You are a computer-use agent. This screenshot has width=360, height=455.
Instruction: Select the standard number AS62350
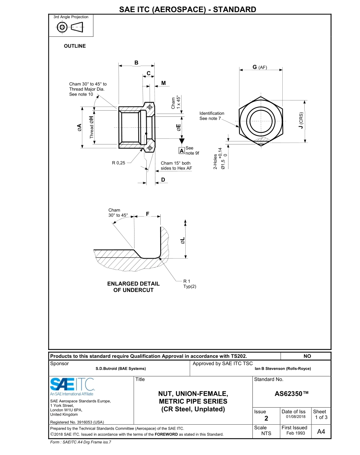coord(291,394)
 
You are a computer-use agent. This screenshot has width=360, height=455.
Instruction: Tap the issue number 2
coord(266,419)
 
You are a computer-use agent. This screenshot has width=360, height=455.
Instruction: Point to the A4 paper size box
coord(321,432)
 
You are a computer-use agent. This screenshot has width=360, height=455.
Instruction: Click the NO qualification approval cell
coord(307,356)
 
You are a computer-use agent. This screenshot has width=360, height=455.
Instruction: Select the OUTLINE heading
coord(75,46)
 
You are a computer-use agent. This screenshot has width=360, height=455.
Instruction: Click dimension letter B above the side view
coord(136,63)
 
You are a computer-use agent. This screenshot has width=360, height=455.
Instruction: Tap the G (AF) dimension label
coord(260,67)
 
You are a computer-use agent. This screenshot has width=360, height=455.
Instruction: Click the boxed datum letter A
coord(182,151)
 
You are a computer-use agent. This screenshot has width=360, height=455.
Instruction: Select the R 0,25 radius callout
coord(118,163)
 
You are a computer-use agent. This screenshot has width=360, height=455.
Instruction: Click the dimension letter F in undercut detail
coord(147,214)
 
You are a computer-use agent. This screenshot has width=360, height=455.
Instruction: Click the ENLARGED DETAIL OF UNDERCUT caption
coord(133,287)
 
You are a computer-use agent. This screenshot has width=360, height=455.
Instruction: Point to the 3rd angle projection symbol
coord(71,27)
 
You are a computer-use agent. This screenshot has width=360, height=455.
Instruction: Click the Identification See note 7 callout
coord(212,116)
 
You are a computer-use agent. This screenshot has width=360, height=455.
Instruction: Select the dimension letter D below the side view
coord(163,179)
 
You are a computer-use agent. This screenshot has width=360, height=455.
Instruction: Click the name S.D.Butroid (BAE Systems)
coord(121,369)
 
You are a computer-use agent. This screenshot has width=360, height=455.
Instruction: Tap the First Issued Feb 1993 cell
coord(294,430)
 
